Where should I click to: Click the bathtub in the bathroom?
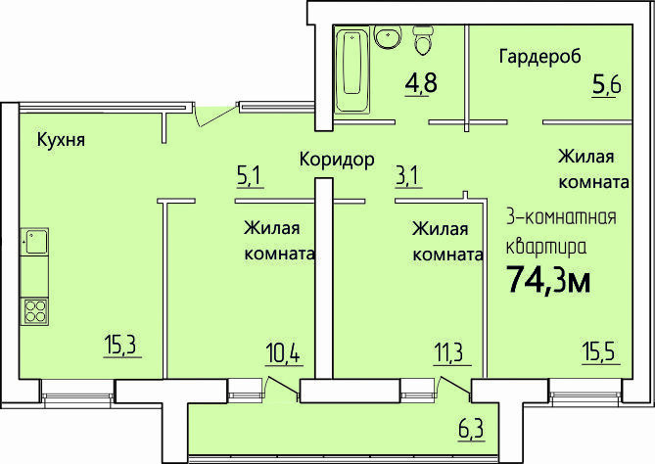coord(352,70)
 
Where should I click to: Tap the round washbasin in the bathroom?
coord(388,36)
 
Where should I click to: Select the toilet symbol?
coord(424,40)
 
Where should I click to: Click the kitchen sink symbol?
coord(34,242)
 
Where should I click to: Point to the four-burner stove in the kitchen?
coord(34,311)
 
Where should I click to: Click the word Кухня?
coord(61,139)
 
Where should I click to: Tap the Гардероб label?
coord(539,57)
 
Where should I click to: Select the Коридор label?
coord(337,160)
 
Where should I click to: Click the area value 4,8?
coord(421,82)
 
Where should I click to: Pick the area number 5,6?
coord(606,85)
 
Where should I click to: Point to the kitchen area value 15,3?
coord(121,345)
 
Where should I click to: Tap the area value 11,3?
coord(450,353)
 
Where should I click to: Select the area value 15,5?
coord(600,353)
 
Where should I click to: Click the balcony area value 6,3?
coord(471,429)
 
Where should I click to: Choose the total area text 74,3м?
coord(548,279)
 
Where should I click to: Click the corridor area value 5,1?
coord(249,176)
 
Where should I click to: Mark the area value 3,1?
coord(408,176)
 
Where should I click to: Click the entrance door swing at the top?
coord(216,115)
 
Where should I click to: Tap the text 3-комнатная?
coord(561,217)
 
